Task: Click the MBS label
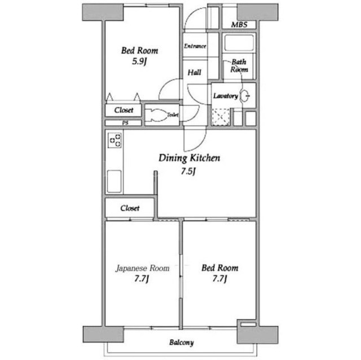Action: click(239, 25)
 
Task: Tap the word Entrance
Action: click(195, 46)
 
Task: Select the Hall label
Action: click(194, 73)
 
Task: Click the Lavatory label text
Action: click(226, 96)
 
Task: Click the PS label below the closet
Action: click(125, 123)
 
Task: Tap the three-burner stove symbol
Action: click(115, 140)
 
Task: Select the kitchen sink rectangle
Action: click(114, 181)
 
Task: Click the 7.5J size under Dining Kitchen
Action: click(188, 171)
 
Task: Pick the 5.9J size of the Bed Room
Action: click(139, 61)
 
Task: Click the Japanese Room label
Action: click(143, 268)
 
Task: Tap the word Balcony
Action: click(182, 343)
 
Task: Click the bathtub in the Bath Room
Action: click(239, 43)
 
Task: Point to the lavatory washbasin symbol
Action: click(244, 96)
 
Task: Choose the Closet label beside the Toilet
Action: click(124, 110)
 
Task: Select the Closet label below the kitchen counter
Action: click(130, 208)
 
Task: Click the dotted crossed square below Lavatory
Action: click(221, 117)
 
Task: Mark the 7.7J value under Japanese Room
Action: click(142, 279)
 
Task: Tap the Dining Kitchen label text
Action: click(190, 158)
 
